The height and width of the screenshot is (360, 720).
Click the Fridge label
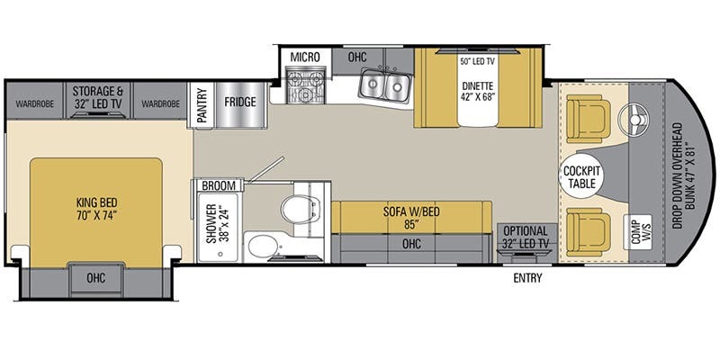(240, 101)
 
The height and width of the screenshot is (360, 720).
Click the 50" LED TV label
(478, 61)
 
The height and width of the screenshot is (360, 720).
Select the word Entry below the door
(527, 278)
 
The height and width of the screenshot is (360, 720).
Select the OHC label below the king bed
(95, 278)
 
